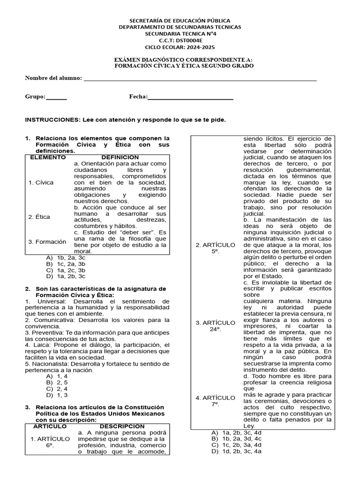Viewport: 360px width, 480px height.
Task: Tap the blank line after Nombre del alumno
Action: pos(200,80)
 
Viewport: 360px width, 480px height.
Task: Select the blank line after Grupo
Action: pos(56,99)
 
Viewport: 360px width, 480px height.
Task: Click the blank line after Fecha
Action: pos(190,99)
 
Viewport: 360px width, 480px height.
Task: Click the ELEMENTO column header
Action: pos(48,157)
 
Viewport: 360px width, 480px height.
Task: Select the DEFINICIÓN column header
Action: pos(120,157)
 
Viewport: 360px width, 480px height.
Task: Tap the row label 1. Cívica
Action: pos(41,182)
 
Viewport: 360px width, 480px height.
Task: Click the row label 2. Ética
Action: pos(39,217)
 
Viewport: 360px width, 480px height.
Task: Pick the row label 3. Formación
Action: pos(47,241)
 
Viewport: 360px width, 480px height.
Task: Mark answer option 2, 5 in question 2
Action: pos(62,382)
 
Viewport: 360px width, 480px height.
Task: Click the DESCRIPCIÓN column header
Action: pos(121,426)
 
